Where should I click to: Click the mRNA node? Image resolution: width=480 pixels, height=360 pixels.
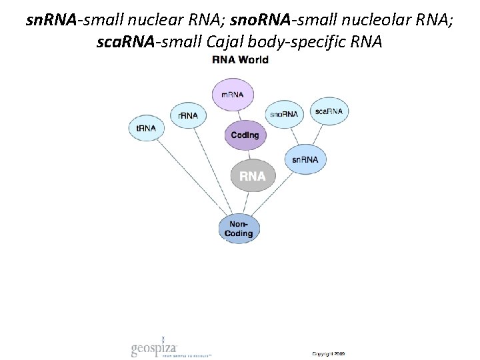[233, 94]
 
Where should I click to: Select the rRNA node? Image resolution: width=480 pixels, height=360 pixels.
[188, 115]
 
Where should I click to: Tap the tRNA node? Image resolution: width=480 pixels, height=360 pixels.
[146, 129]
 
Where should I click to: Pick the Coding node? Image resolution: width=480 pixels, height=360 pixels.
[245, 135]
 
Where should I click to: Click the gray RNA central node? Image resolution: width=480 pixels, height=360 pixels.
[253, 176]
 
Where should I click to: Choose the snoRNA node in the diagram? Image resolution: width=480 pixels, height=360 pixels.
[284, 114]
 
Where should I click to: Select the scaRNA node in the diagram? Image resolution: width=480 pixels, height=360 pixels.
[328, 111]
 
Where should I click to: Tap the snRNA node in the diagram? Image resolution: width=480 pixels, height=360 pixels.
[305, 159]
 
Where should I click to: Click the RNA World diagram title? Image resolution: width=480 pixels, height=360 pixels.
[240, 60]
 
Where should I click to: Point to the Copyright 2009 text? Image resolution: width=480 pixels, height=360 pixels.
[329, 353]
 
